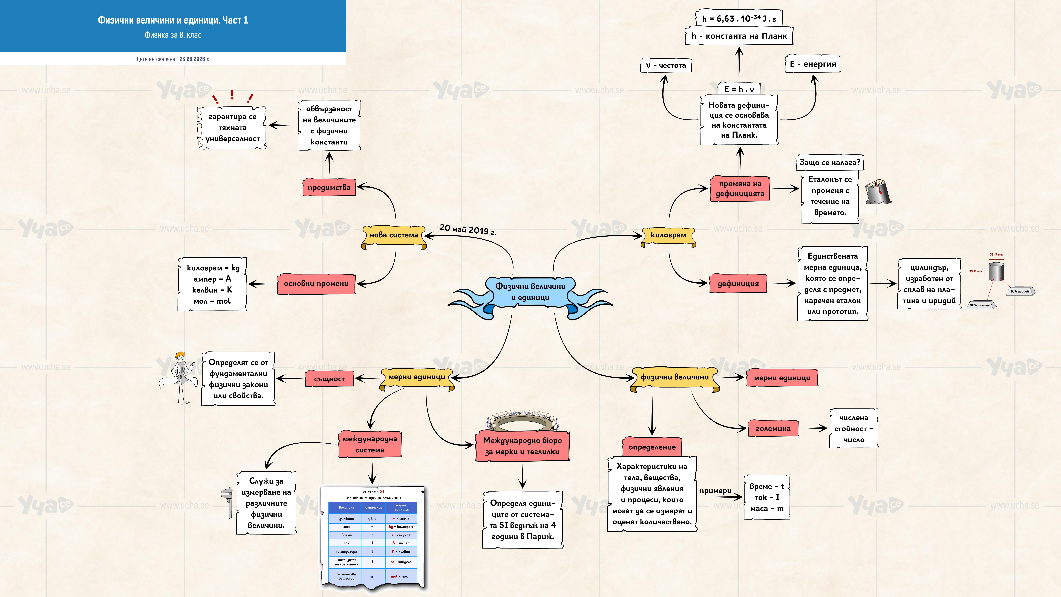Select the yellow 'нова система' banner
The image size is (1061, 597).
click(x=394, y=236)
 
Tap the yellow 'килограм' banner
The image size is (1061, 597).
click(x=668, y=236)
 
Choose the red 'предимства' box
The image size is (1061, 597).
click(x=329, y=187)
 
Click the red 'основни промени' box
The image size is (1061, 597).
click(x=316, y=283)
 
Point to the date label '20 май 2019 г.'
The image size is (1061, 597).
click(x=468, y=229)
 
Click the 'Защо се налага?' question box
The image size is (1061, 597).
click(x=829, y=162)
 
